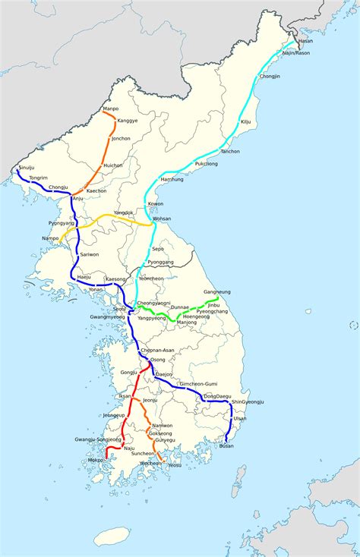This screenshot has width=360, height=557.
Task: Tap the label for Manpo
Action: (x=111, y=111)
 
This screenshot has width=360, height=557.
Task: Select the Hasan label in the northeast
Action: (x=305, y=40)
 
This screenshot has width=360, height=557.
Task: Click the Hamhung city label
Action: (x=172, y=179)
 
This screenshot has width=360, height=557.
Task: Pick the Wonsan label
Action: (x=162, y=219)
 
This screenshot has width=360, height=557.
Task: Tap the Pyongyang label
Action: (x=62, y=223)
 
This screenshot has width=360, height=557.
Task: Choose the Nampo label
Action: (x=50, y=238)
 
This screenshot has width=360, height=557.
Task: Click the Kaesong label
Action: (x=115, y=279)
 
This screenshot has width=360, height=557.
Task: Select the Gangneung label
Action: (x=217, y=292)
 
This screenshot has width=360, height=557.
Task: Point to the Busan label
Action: (x=226, y=445)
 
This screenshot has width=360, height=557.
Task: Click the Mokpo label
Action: (x=96, y=459)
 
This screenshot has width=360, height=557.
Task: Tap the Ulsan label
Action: (x=240, y=418)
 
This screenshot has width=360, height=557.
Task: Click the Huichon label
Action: (x=113, y=165)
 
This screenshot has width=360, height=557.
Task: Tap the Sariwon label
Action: (x=90, y=255)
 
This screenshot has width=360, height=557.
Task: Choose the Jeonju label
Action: (x=150, y=400)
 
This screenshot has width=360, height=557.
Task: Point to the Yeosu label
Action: (x=175, y=464)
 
